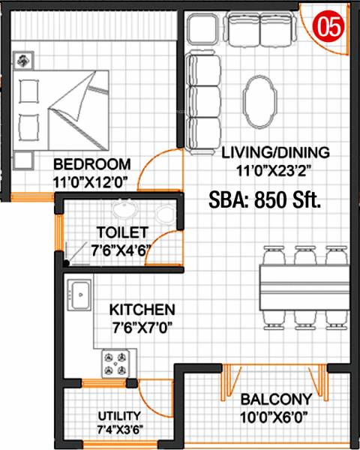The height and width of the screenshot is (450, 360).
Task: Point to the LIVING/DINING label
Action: pos(275,153)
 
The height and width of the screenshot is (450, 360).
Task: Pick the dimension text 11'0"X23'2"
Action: pos(275,169)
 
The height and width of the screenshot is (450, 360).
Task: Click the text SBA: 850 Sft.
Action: pos(264,200)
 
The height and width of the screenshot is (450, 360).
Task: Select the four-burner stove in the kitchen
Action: pos(118,364)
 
